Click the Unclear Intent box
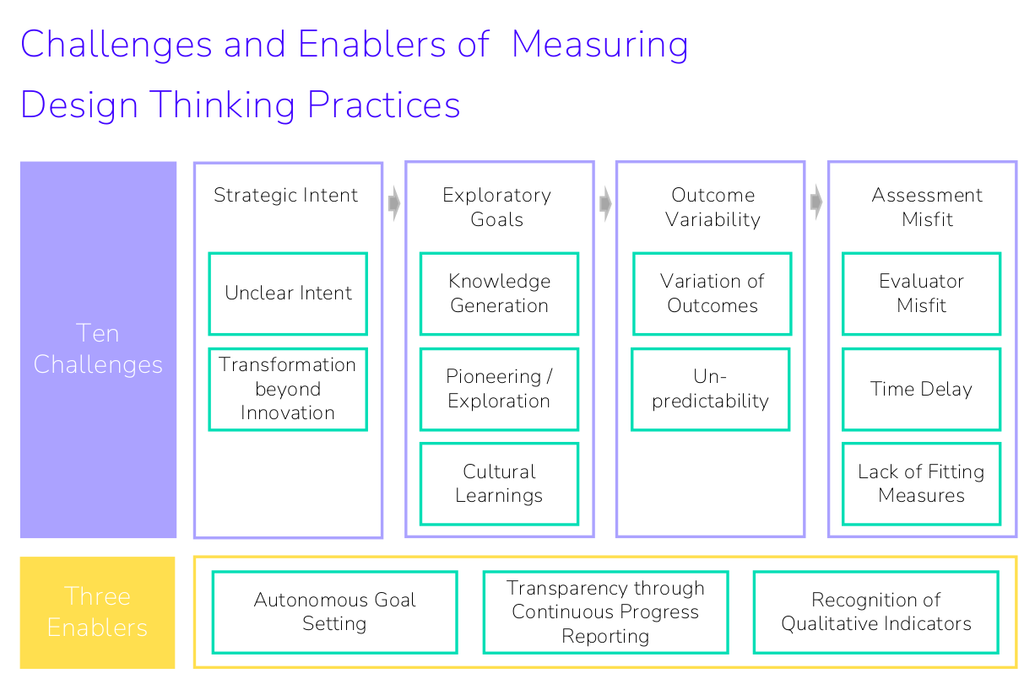coord(288,294)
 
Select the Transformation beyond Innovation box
coord(288,389)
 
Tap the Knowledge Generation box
coord(499,294)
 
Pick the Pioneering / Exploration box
coord(499,389)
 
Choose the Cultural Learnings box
coord(499,483)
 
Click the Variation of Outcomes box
coord(712,294)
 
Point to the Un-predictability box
coord(710,389)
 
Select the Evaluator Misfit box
coord(921,294)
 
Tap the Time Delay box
coord(921,389)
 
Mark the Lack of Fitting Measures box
coord(921,483)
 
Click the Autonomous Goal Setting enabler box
coord(334,611)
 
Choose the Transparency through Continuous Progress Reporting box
coord(605,611)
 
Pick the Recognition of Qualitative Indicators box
coord(875,611)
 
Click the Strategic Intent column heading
coord(285,196)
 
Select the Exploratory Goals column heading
coord(496,207)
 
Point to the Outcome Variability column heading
coord(713,207)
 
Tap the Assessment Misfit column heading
coord(927,207)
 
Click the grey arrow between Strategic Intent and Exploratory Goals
coord(394,203)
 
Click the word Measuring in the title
coord(599,45)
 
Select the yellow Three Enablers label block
coord(98,611)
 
